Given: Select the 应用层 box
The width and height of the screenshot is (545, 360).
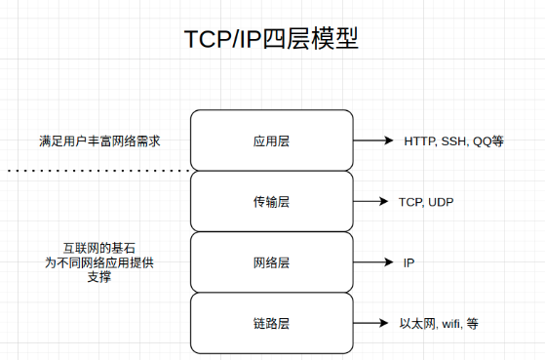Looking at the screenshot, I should [271, 140].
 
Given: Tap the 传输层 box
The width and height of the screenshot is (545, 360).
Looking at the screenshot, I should [271, 202].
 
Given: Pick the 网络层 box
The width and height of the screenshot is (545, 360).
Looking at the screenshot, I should [271, 262].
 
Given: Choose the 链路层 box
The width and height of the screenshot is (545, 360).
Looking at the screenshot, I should [271, 323].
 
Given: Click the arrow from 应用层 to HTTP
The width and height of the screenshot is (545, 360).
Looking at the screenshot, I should [372, 140].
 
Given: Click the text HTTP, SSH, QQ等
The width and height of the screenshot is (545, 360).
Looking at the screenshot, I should [453, 140].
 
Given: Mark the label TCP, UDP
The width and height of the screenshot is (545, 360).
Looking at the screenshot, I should [426, 202].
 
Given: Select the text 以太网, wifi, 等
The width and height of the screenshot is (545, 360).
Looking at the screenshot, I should [439, 323].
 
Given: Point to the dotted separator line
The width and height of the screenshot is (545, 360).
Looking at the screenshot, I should [97, 171].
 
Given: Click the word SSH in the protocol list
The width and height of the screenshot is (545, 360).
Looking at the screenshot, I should [454, 140].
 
